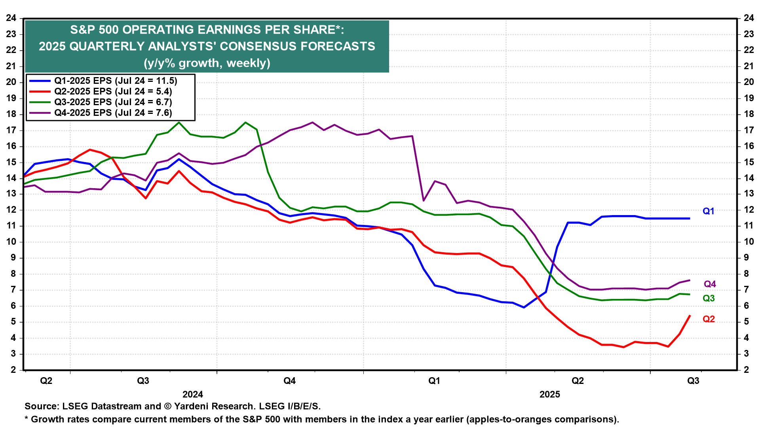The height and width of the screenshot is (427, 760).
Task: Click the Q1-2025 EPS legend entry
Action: [x=115, y=81]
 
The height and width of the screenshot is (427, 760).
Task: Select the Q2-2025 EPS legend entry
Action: [x=113, y=91]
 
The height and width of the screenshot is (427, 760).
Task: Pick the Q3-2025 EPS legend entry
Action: [x=113, y=102]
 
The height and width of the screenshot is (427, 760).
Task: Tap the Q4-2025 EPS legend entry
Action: [x=113, y=113]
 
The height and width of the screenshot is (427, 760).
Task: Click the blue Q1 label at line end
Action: [x=708, y=211]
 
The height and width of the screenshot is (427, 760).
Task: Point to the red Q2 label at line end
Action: [x=709, y=319]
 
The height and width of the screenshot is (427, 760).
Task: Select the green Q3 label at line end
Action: [x=709, y=298]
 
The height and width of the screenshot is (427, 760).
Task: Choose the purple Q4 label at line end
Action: [x=710, y=284]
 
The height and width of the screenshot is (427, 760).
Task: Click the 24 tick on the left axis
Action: [x=11, y=18]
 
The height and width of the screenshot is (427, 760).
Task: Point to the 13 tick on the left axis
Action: [x=11, y=194]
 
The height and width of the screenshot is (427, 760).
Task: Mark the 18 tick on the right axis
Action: [x=749, y=114]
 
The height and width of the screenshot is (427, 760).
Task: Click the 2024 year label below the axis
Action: [x=193, y=394]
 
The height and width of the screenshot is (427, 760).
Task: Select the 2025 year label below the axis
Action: [x=550, y=394]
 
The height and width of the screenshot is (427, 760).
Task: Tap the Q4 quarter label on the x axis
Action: [x=289, y=381]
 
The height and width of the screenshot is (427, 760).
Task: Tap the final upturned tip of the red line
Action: [x=690, y=316]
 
